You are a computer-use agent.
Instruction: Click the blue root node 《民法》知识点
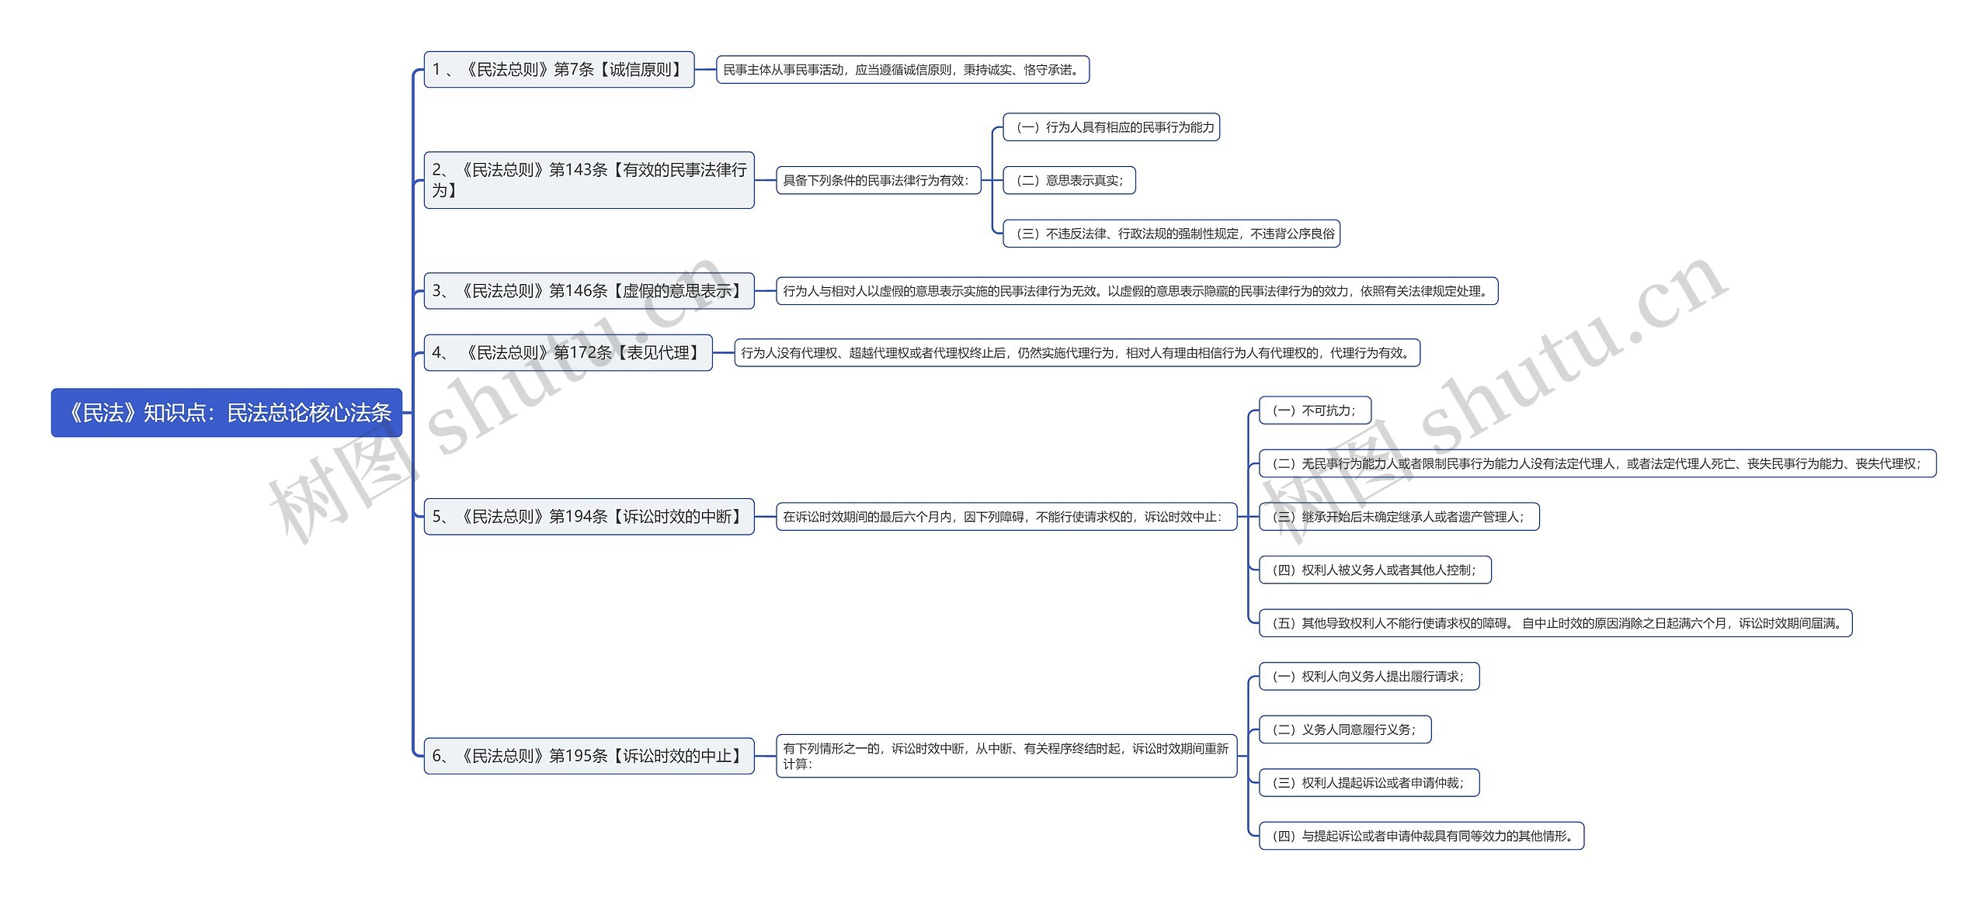point(227,413)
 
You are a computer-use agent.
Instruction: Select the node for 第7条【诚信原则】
point(558,70)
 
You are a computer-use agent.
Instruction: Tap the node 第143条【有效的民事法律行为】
point(589,180)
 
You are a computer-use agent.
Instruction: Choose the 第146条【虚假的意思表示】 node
point(589,291)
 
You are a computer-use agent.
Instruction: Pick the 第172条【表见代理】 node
point(568,353)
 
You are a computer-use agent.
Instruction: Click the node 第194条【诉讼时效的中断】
point(589,517)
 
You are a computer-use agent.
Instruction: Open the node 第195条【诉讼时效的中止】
point(589,756)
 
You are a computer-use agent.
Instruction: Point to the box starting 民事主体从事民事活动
point(902,70)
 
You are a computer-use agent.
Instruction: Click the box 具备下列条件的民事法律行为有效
point(878,181)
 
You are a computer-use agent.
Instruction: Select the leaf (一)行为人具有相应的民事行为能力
point(1111,127)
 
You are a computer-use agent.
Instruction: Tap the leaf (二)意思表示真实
point(1069,181)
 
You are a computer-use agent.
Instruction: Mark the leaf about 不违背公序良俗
point(1171,234)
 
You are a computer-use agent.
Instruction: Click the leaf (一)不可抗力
point(1314,411)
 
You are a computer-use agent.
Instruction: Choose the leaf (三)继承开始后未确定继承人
point(1399,517)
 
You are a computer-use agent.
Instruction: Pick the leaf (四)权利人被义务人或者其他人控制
point(1375,570)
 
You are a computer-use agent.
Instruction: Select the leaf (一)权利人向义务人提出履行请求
point(1368,677)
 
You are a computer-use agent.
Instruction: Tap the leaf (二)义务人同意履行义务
point(1344,729)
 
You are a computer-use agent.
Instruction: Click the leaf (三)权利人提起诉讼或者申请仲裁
point(1368,783)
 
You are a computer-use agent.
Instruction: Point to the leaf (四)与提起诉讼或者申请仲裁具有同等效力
point(1420,836)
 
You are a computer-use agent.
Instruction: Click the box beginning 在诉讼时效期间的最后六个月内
point(1006,517)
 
